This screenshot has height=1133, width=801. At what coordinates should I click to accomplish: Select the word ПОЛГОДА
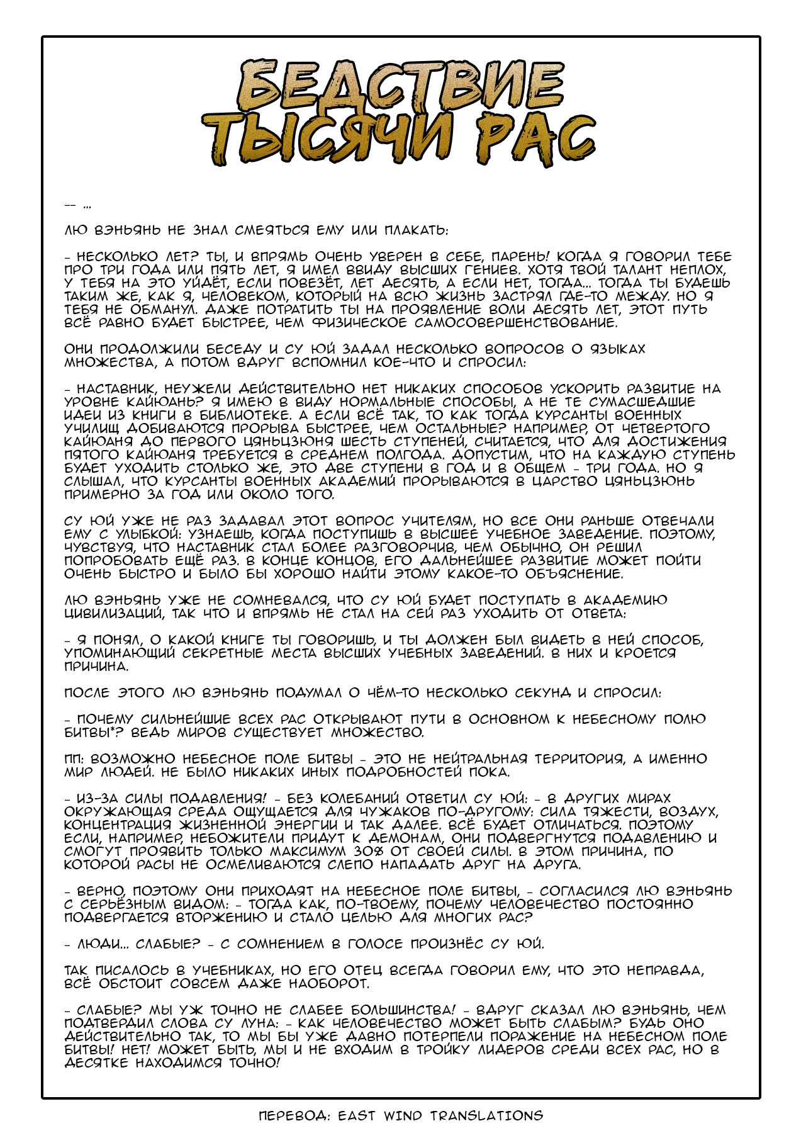click(x=445, y=455)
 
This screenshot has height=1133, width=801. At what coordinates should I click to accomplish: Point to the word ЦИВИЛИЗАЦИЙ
click(x=114, y=614)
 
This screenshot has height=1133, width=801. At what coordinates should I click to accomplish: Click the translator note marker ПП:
click(x=72, y=759)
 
